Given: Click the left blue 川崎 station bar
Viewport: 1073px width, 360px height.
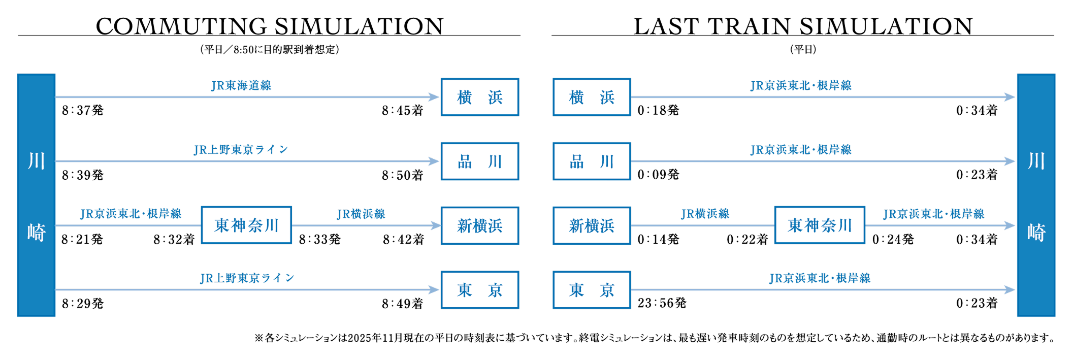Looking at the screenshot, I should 36,195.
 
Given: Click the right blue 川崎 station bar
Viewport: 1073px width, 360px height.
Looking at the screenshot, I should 1036,195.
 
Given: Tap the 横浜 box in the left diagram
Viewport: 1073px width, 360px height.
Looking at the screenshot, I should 480,97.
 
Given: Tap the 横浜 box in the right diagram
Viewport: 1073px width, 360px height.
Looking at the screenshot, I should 592,97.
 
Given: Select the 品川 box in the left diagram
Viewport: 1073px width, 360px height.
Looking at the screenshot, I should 480,161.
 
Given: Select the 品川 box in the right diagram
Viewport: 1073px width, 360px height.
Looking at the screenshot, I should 592,161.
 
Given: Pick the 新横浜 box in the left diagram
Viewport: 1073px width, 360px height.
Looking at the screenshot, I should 480,225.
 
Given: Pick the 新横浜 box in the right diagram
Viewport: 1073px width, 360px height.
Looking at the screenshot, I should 592,225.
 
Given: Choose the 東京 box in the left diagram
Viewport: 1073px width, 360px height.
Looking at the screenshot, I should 480,290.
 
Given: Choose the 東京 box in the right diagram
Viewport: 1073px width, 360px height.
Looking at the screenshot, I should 592,290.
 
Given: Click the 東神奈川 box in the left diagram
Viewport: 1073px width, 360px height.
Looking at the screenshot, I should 246,225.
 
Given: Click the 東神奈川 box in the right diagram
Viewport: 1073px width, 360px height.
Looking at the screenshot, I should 820,225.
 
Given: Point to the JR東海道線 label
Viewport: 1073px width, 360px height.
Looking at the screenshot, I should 241,85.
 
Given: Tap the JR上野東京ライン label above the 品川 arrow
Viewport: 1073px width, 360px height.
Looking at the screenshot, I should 241,150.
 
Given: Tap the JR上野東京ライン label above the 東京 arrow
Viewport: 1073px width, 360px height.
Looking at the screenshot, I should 247,278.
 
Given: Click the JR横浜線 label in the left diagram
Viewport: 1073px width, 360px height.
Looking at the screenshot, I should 361,214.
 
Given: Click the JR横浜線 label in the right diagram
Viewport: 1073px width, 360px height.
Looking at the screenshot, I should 705,214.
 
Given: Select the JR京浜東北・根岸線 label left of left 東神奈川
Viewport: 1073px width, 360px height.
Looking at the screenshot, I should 131,214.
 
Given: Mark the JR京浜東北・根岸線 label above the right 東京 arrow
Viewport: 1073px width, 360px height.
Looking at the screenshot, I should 820,278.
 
